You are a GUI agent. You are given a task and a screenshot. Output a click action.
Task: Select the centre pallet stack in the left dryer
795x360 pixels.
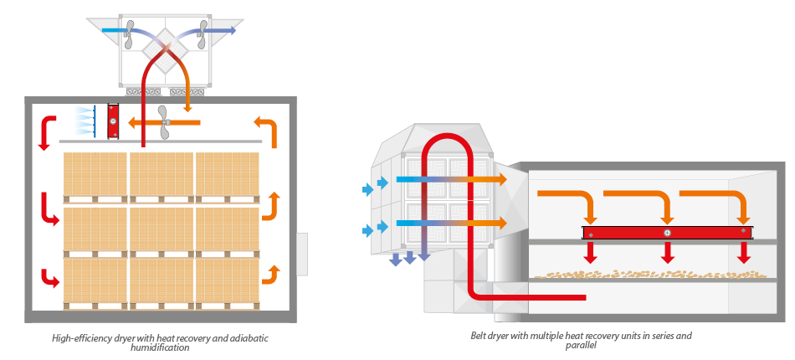pyautogui.click(x=161, y=229)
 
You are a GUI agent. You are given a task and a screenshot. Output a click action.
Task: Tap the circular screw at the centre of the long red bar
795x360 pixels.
pyautogui.click(x=667, y=232)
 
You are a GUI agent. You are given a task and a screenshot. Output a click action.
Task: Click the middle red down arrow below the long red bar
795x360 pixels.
pyautogui.click(x=667, y=252)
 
